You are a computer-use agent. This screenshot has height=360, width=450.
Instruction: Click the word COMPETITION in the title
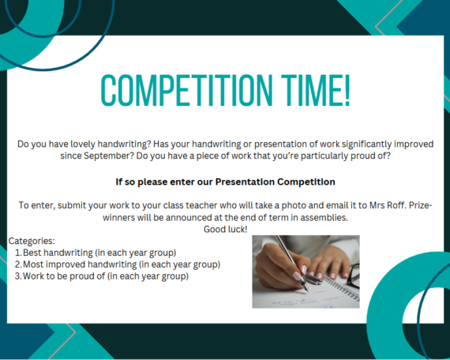(186, 90)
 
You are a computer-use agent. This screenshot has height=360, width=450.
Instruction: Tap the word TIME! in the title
(316, 90)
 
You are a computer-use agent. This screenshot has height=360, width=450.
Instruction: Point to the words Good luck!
(225, 229)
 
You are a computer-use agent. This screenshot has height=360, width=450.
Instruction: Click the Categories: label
(32, 241)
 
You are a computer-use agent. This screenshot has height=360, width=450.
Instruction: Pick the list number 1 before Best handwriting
(18, 253)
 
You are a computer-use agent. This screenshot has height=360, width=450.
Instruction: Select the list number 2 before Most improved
(18, 264)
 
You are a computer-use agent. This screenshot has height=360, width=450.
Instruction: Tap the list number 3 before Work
(18, 276)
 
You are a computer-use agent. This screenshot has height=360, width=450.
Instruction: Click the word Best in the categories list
(32, 253)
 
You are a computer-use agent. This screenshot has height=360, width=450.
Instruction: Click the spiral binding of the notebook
(342, 287)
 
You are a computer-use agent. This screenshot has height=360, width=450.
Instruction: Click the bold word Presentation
(245, 182)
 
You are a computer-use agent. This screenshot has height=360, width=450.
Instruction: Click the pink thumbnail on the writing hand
(297, 276)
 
